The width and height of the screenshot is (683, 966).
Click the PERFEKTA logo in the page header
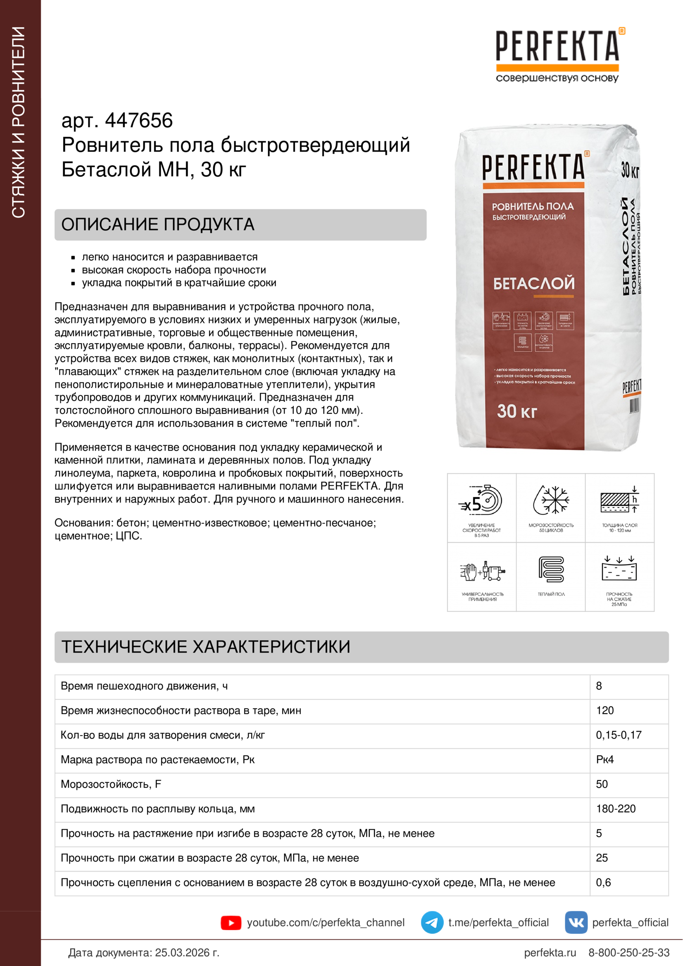pyautogui.click(x=557, y=46)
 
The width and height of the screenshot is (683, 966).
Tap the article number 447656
pyautogui.click(x=138, y=121)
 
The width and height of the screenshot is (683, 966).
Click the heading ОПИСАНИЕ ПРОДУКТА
pyautogui.click(x=158, y=225)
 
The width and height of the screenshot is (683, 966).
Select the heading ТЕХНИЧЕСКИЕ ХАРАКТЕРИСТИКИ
pyautogui.click(x=206, y=647)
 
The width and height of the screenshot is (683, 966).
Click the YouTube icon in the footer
pyautogui.click(x=231, y=923)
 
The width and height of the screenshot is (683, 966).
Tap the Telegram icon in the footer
pyautogui.click(x=432, y=923)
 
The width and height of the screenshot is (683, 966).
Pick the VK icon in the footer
pyautogui.click(x=576, y=923)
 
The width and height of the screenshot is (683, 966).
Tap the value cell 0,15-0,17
pyautogui.click(x=618, y=735)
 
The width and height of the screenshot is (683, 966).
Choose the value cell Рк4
pyautogui.click(x=605, y=760)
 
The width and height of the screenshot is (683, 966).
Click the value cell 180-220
pyautogui.click(x=616, y=809)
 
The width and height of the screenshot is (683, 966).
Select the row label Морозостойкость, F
pyautogui.click(x=111, y=784)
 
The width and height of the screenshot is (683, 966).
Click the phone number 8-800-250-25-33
pyautogui.click(x=628, y=952)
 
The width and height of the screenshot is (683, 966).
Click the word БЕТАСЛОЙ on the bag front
pyautogui.click(x=533, y=283)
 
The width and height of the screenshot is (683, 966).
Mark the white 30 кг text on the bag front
pyautogui.click(x=517, y=411)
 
